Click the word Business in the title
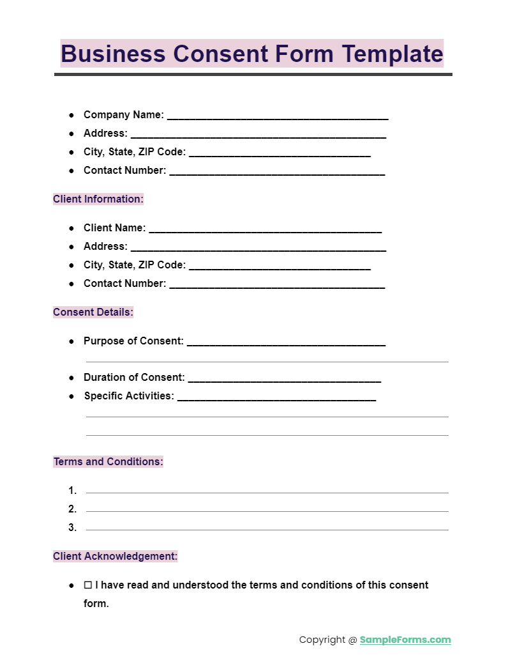113,54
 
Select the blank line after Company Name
278,118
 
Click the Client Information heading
98,199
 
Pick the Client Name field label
115,228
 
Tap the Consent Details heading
93,312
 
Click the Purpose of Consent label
133,341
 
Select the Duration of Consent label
134,378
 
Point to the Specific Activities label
129,396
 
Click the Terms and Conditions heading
108,462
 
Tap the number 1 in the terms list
73,491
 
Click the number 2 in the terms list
73,509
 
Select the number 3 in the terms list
73,528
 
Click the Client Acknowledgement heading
116,557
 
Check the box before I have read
88,585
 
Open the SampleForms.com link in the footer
405,640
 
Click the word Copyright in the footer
323,640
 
